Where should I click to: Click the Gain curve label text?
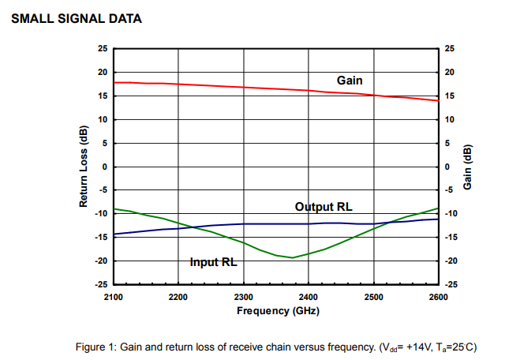pyautogui.click(x=350, y=80)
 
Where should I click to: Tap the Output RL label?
pyautogui.click(x=324, y=207)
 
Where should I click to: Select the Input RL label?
pyautogui.click(x=214, y=262)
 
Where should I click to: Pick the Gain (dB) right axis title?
pyautogui.click(x=467, y=167)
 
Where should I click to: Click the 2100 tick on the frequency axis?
pyautogui.click(x=114, y=297)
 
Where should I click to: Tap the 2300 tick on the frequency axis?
pyautogui.click(x=244, y=297)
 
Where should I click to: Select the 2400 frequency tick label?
pyautogui.click(x=309, y=297)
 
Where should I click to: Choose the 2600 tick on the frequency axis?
pyautogui.click(x=438, y=297)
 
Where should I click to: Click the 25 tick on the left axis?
pyautogui.click(x=102, y=49)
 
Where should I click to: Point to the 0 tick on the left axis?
pyautogui.click(x=104, y=167)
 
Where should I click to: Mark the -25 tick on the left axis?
pyautogui.click(x=100, y=284)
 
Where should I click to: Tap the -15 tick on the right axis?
pyautogui.click(x=451, y=238)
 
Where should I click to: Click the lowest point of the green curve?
pyautogui.click(x=293, y=257)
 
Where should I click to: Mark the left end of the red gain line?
pyautogui.click(x=115, y=82)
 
